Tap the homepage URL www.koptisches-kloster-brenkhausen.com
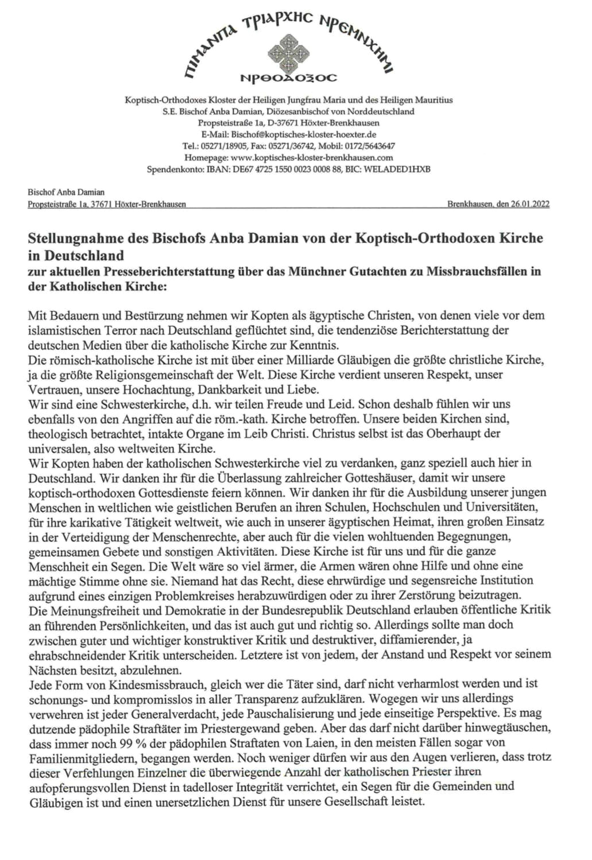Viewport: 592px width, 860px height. pos(313,157)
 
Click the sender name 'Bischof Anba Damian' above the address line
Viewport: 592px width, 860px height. pos(65,192)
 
